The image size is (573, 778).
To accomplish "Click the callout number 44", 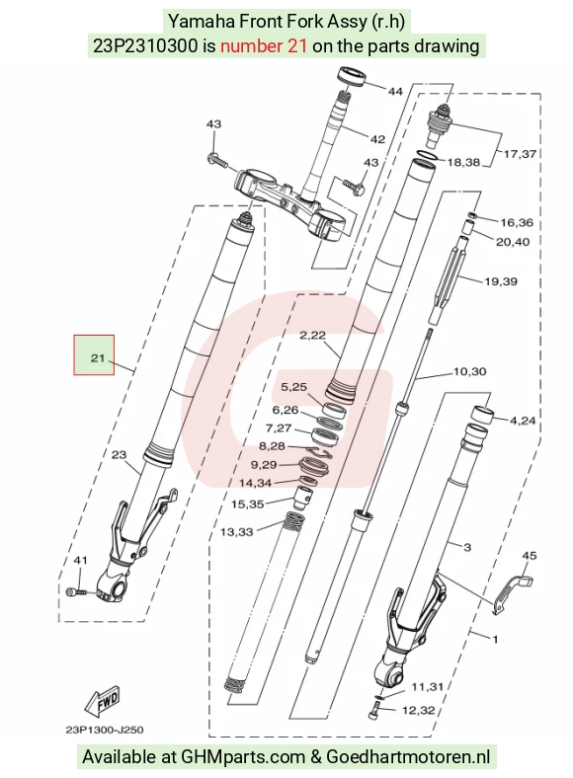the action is (395, 91).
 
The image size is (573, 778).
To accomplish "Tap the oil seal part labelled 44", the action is (352, 77).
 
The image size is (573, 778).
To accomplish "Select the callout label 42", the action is (377, 139).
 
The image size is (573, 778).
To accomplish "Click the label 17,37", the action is (520, 154).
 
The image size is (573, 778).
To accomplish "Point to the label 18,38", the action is (463, 162).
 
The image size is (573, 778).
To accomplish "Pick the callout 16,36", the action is (517, 223).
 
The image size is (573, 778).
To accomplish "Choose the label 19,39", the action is (501, 281).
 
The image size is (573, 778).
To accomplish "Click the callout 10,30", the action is (469, 371).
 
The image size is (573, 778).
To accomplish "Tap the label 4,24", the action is (523, 421).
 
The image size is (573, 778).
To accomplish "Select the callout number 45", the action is (530, 556).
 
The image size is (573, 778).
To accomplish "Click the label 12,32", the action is (419, 711).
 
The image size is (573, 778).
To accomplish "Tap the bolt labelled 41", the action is (76, 591).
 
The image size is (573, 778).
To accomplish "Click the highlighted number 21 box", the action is (94, 354).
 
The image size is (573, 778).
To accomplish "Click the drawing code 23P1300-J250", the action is (105, 730).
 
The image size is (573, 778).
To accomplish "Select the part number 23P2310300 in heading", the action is (145, 46).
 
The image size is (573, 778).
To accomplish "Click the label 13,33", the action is (237, 532).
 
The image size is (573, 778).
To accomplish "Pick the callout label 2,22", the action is (312, 336).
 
